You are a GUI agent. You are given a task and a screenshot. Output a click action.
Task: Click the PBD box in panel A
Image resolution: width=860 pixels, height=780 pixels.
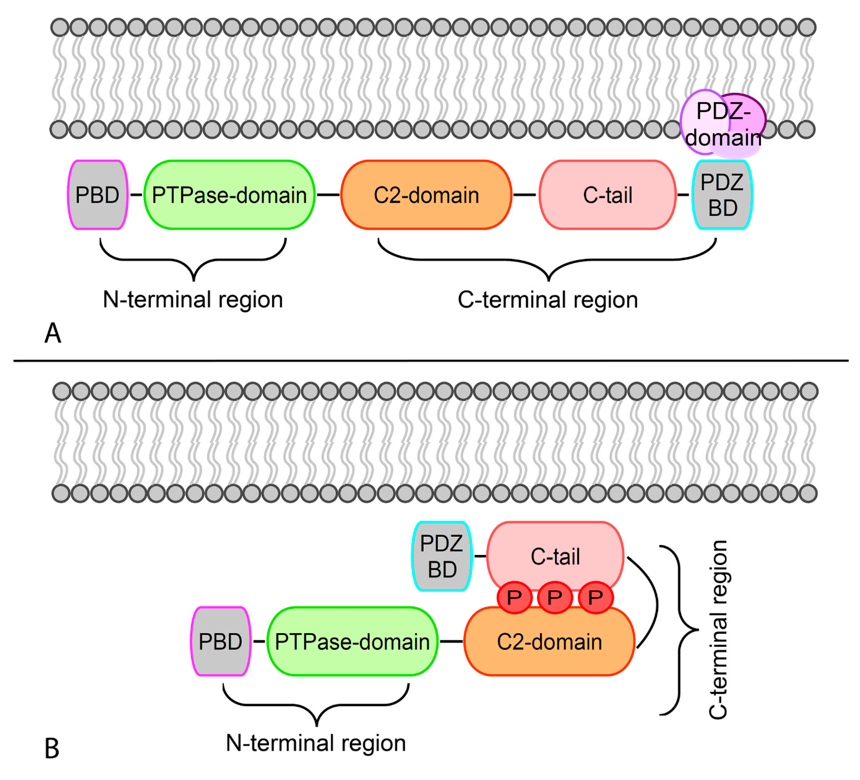coord(98,195)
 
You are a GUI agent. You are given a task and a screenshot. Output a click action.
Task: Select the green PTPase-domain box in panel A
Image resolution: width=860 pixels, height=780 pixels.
coord(229,195)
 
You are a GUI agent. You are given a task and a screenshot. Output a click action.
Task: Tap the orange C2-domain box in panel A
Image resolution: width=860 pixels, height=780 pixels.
coord(426,195)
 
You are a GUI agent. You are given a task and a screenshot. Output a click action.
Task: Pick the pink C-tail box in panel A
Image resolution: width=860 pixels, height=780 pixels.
coord(607,195)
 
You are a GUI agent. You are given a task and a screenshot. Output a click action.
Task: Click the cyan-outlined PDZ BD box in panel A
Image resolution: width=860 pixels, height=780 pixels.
coord(722,195)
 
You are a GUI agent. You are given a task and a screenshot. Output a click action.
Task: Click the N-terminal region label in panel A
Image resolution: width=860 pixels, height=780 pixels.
coord(193,299)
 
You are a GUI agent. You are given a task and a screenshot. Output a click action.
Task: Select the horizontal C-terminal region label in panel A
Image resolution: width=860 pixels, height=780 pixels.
coord(548,299)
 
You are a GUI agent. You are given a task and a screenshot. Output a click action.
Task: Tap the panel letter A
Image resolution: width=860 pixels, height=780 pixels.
coord(53,333)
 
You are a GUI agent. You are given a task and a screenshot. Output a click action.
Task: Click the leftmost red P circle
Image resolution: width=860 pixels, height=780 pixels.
coord(514,597)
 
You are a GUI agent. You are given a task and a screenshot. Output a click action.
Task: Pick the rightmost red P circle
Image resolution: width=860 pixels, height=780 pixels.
coord(596,597)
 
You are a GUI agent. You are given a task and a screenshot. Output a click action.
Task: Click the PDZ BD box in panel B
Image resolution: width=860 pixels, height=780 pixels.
coord(442,556)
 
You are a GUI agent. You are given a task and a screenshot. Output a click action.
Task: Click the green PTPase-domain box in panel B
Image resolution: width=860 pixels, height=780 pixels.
coord(352,641)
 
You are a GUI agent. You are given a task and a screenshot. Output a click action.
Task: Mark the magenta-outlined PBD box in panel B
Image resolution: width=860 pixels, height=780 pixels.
coord(220,641)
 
